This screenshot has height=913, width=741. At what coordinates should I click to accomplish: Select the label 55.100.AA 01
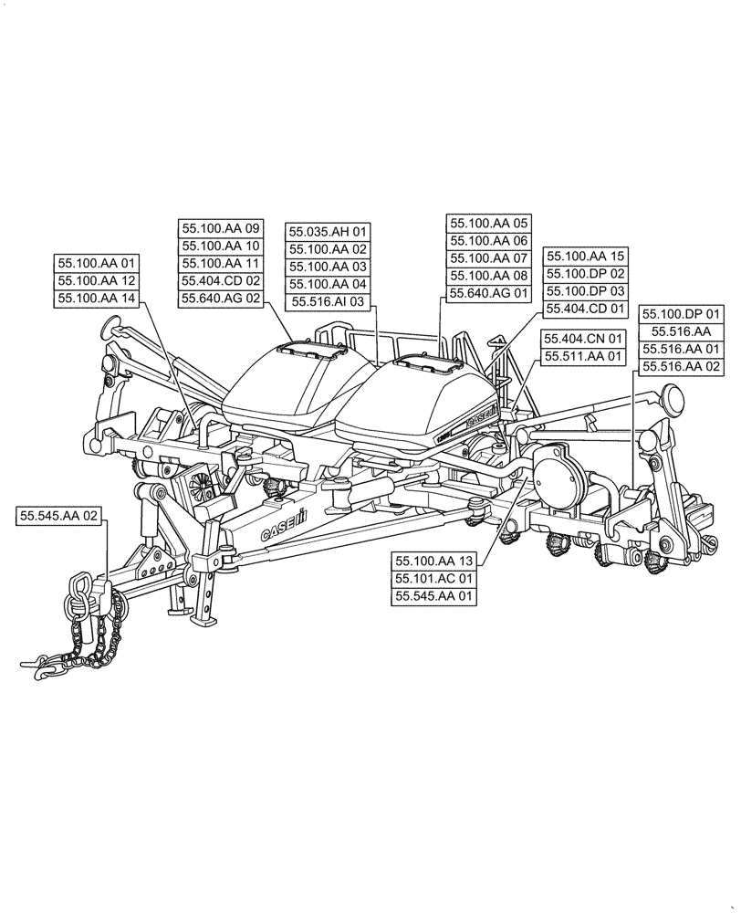(x=96, y=263)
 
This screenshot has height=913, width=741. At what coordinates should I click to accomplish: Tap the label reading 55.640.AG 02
(x=221, y=298)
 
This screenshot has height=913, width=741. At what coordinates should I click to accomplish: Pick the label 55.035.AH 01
(x=328, y=232)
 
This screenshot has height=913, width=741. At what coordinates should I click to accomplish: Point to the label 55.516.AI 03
(x=328, y=301)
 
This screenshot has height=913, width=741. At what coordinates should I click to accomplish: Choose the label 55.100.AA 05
(x=488, y=224)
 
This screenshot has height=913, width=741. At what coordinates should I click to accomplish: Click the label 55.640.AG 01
(x=488, y=293)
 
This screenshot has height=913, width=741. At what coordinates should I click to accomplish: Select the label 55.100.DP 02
(x=585, y=274)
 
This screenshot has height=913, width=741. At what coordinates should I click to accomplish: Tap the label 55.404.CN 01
(x=582, y=338)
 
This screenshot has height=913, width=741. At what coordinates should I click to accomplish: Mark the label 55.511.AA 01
(x=582, y=355)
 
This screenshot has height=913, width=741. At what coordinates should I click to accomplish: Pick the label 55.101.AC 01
(x=434, y=579)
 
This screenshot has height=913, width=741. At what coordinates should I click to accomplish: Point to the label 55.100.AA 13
(x=434, y=561)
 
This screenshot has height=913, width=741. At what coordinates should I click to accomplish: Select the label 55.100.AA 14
(x=96, y=298)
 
